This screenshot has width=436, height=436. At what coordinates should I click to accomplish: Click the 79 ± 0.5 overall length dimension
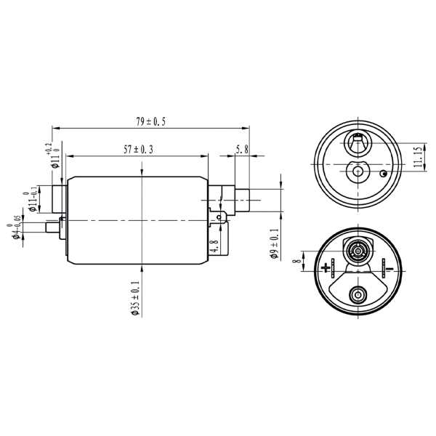[150, 121]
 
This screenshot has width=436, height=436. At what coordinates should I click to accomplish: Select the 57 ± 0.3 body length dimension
[138, 150]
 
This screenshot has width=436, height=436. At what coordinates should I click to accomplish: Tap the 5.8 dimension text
[242, 150]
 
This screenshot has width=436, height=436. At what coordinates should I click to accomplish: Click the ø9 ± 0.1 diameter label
[275, 243]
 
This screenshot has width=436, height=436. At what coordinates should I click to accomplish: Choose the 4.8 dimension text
[214, 246]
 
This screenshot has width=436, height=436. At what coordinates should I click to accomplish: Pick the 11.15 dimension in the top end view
[419, 157]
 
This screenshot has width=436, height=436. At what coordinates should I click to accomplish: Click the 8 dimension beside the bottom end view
[297, 261]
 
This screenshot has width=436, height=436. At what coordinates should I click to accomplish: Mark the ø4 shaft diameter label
[13, 228]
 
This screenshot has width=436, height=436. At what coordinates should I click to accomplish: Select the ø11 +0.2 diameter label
[53, 156]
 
